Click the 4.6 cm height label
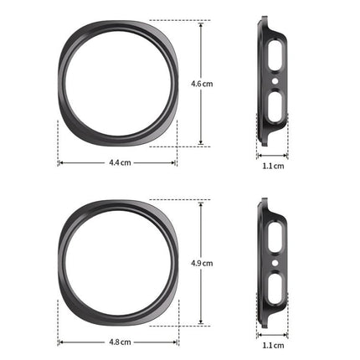(x=201, y=84)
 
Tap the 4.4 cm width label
(x=119, y=162)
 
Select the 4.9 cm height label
(x=201, y=263)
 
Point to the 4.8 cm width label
(x=119, y=342)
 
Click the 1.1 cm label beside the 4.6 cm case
(x=273, y=166)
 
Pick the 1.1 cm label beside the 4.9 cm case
(x=273, y=345)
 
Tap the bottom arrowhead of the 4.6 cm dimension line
(x=201, y=143)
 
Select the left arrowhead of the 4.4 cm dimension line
(x=59, y=162)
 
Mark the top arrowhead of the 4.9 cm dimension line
(x=201, y=202)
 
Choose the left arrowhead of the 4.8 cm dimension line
(x=59, y=342)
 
